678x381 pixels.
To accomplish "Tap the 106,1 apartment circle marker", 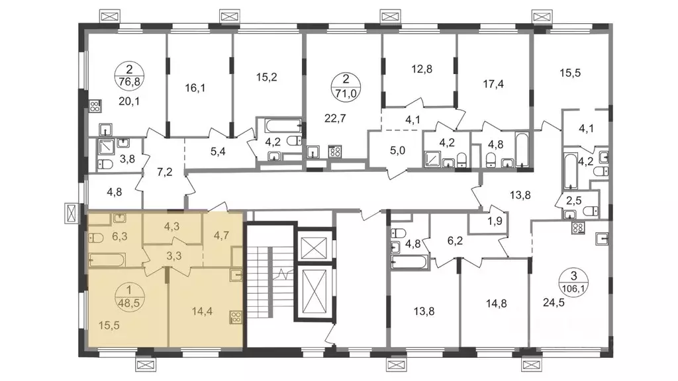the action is [574, 282].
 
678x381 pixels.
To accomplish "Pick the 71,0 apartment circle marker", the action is [346, 87].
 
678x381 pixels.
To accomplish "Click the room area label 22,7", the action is [335, 118].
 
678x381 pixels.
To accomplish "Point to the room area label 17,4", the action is [493, 84].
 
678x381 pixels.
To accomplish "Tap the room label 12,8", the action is [422, 69].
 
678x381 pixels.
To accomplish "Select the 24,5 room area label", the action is [554, 302].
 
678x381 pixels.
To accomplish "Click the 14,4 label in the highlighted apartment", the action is [202, 311].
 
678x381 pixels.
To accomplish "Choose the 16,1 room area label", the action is [195, 89].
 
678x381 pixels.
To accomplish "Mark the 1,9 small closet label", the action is [495, 221].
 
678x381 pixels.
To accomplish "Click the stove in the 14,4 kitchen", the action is [236, 317].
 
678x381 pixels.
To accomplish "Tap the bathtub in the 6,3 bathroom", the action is [107, 260].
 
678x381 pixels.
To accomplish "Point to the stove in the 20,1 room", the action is [95, 106].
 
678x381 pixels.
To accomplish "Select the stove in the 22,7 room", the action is [335, 151].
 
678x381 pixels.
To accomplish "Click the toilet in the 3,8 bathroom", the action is [105, 164].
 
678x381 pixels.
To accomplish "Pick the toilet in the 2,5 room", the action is [591, 211].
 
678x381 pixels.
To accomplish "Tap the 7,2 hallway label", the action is [165, 173].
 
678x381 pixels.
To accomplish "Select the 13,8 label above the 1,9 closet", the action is [520, 195].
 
